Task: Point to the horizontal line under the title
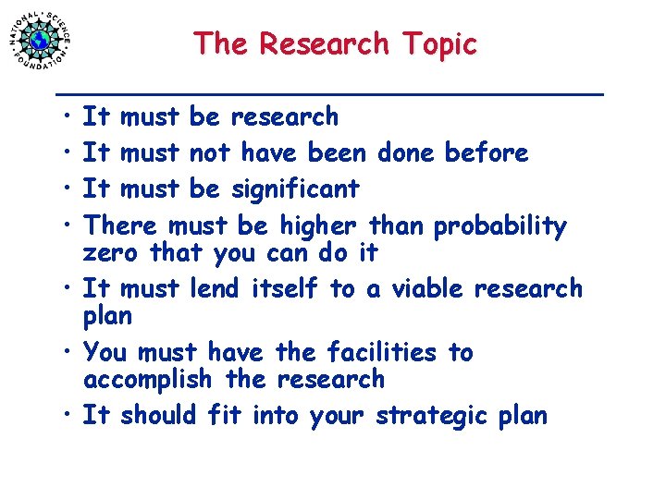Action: [330, 93]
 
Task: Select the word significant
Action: [295, 189]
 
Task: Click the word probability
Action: [499, 226]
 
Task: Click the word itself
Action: [285, 288]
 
